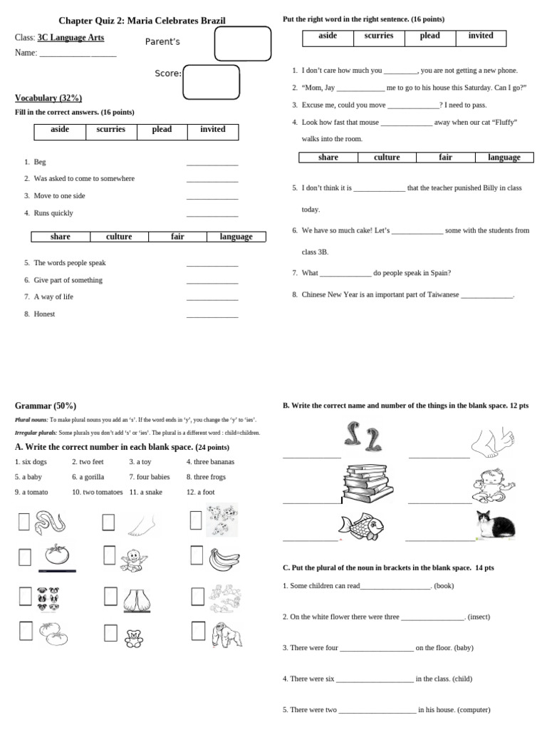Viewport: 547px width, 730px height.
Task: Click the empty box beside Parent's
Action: [x=243, y=43]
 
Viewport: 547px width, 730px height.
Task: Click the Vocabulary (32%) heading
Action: [x=48, y=98]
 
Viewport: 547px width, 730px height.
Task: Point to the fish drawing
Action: [x=363, y=526]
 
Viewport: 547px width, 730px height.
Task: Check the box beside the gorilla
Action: [x=198, y=631]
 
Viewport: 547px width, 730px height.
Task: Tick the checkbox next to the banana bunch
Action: [x=198, y=555]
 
